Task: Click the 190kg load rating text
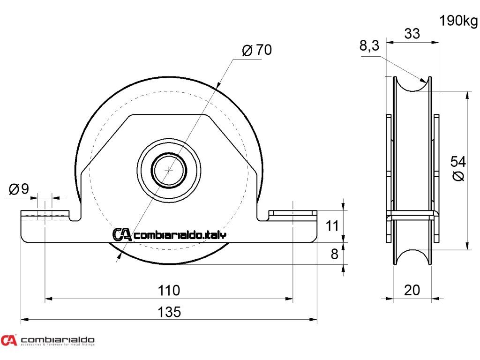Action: (x=458, y=21)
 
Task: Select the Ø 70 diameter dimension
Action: (x=257, y=50)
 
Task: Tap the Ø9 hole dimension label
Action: (x=19, y=189)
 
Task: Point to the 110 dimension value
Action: (x=169, y=291)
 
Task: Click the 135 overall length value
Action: (x=169, y=312)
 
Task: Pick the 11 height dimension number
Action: (x=332, y=226)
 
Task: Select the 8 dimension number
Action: (x=334, y=254)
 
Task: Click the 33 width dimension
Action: (x=412, y=34)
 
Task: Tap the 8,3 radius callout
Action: (x=369, y=46)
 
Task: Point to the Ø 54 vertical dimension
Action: (x=458, y=169)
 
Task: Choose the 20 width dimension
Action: (x=412, y=291)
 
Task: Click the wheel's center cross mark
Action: (x=169, y=170)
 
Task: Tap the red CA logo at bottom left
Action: (x=8, y=340)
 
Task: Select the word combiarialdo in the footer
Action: (x=58, y=339)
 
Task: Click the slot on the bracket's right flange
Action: (x=292, y=214)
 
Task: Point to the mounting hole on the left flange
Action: (x=45, y=215)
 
